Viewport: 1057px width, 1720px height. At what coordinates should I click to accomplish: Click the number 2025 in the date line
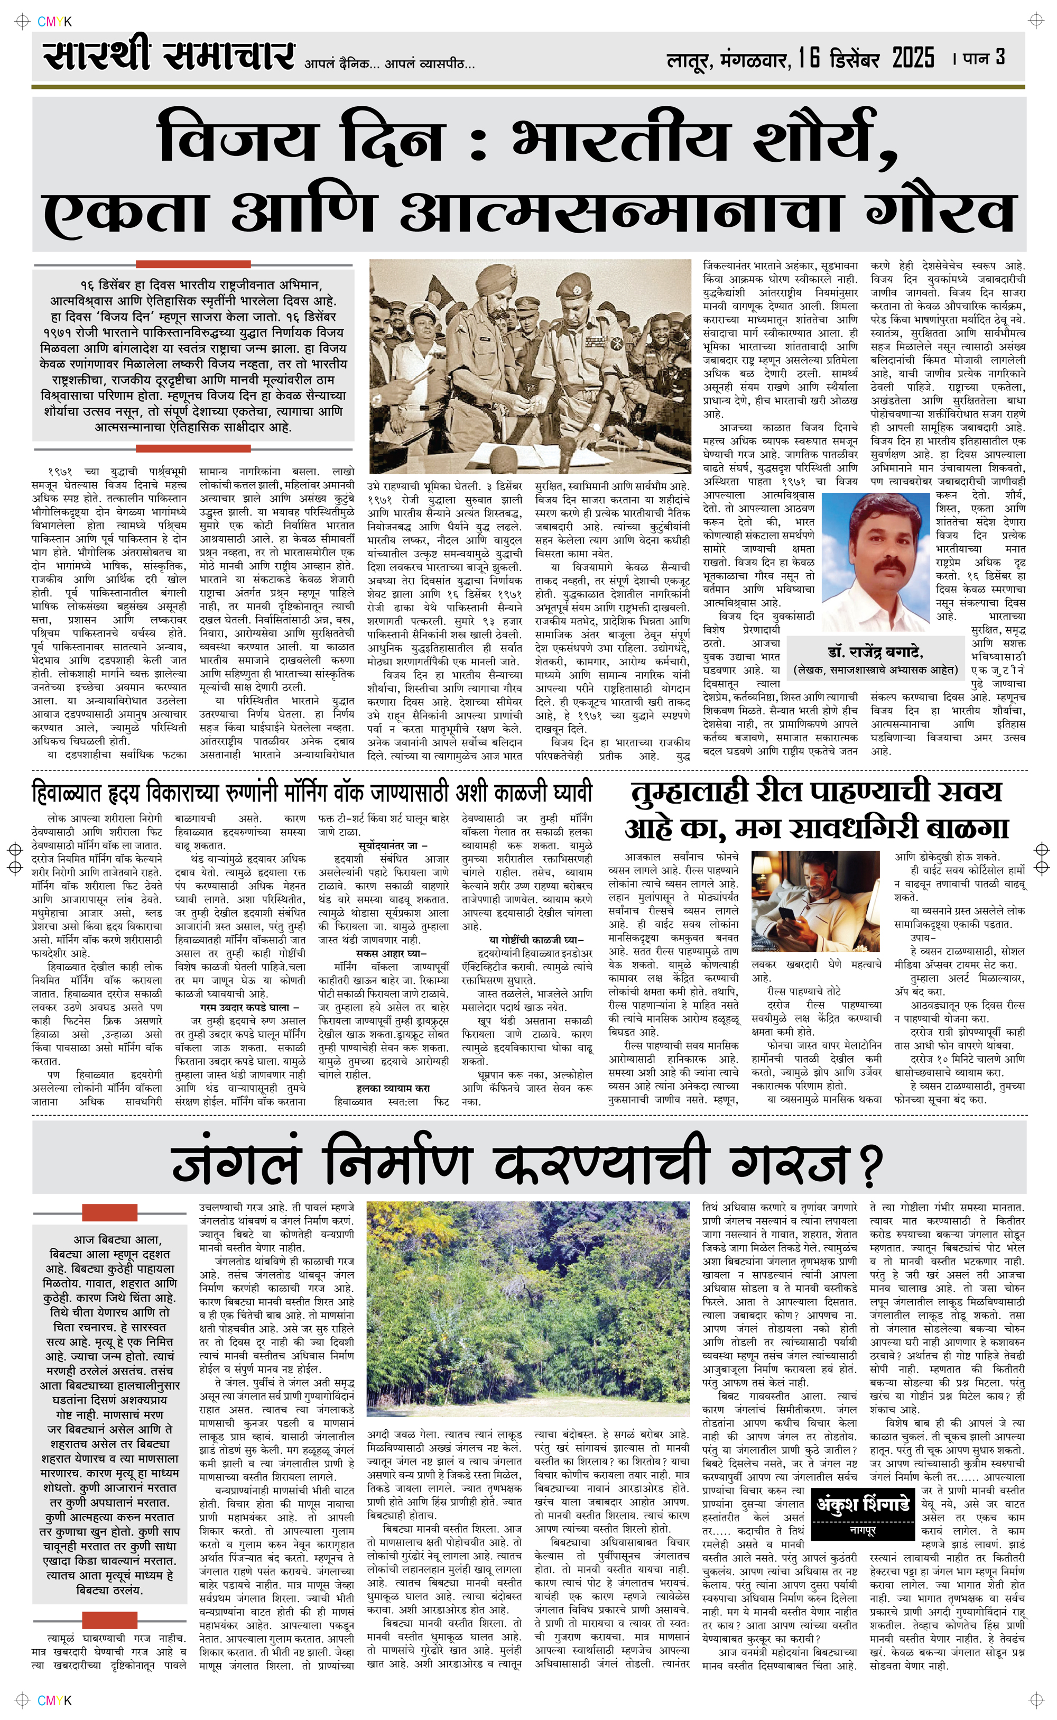pos(913,58)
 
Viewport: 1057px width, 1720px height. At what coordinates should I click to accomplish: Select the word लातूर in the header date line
pos(688,61)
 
